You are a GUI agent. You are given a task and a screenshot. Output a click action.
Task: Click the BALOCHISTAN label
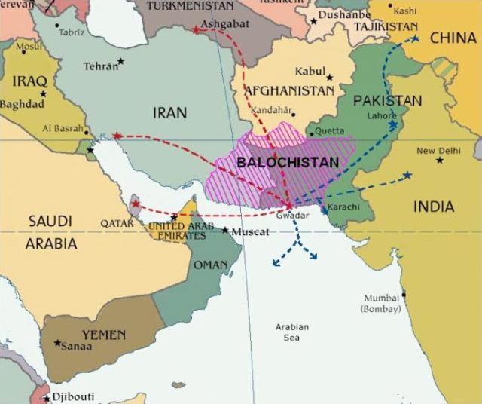[288, 161]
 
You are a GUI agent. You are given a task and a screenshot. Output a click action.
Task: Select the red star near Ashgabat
[196, 30]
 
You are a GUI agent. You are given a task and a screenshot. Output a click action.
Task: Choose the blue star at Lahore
[392, 124]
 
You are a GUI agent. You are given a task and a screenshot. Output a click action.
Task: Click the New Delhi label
[438, 151]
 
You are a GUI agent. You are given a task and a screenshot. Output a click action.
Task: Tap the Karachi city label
[344, 207]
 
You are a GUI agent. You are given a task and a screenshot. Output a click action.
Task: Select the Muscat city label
[249, 231]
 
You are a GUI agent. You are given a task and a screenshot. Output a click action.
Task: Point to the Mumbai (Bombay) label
[382, 303]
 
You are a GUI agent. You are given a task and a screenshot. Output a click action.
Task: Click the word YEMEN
[104, 334]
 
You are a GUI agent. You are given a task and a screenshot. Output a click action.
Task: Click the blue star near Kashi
[413, 38]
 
